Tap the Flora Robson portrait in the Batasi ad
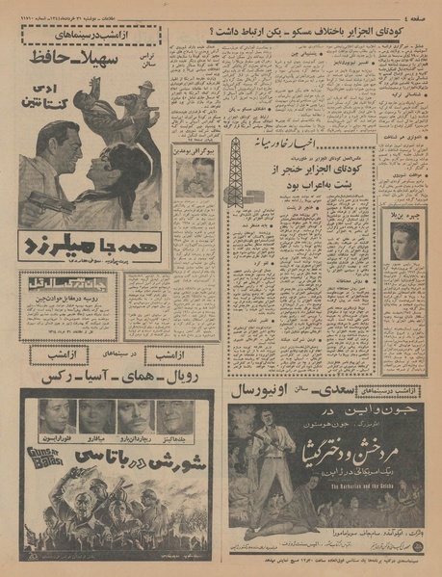click(x=58, y=416)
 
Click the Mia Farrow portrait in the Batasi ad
click(x=96, y=416)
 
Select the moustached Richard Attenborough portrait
click(x=136, y=416)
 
